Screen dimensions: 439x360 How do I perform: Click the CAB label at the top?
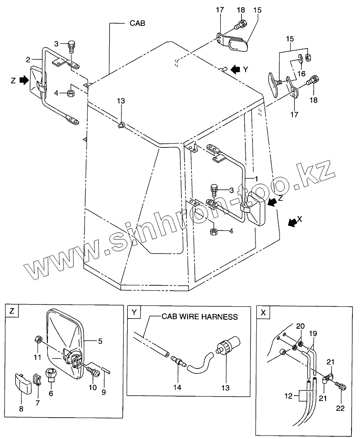pyautogui.click(x=138, y=23)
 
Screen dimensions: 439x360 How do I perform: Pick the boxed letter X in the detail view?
pyautogui.click(x=263, y=313)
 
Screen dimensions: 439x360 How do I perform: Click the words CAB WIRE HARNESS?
pyautogui.click(x=199, y=317)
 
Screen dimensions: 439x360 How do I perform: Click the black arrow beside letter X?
pyautogui.click(x=293, y=222)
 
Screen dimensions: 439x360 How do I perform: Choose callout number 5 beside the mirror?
pyautogui.click(x=100, y=342)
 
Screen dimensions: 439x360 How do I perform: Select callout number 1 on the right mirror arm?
pyautogui.click(x=256, y=178)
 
